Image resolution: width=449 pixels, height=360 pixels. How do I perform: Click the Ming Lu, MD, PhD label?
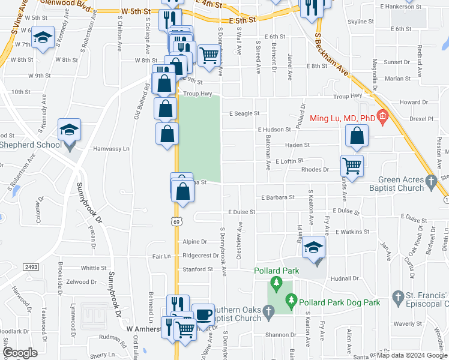tap(342, 118)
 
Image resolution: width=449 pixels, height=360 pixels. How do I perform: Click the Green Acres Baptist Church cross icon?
tap(430, 180)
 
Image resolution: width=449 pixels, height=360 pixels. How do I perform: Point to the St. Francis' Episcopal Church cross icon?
tap(397, 296)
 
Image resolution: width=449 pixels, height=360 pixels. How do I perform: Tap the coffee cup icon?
tap(203, 314)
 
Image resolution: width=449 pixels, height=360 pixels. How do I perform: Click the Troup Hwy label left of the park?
tap(198, 94)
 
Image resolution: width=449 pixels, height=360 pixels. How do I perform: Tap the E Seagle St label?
tap(244, 113)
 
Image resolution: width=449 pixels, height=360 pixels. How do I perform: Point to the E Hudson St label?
tap(274, 129)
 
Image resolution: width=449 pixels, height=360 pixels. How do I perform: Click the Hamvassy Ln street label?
tap(111, 148)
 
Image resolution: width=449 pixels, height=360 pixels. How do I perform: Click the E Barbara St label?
tap(277, 197)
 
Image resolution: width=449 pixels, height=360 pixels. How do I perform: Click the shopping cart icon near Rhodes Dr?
tap(352, 166)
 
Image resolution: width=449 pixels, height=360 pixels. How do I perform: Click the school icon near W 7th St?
tap(43, 38)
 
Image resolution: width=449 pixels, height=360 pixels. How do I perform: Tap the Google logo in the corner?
tap(20, 353)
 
